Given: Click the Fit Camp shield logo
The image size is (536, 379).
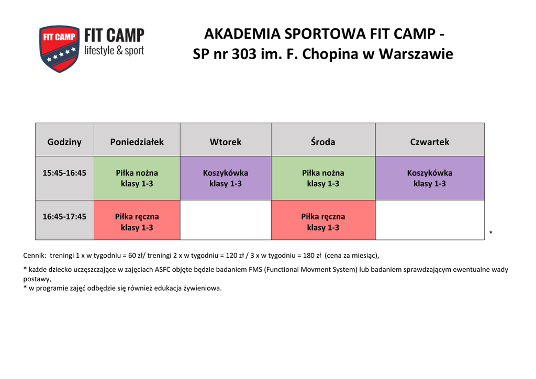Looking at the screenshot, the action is [x=60, y=49].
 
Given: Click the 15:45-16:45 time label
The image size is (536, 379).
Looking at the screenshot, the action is [x=64, y=173].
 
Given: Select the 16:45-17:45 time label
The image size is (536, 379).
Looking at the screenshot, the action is [x=64, y=216].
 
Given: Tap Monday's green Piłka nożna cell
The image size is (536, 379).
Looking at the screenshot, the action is [x=137, y=178].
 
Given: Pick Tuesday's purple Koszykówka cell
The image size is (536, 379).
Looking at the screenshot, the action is [x=226, y=178].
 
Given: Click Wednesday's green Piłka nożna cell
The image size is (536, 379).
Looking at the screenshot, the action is [x=323, y=178].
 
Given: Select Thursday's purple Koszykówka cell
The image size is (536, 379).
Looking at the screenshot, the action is [x=430, y=178].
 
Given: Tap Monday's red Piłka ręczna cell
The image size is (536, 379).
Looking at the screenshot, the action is [x=137, y=220].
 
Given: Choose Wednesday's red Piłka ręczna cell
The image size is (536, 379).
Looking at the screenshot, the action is [x=323, y=220].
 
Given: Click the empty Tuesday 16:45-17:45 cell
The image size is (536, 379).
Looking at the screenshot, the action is [x=226, y=220].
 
